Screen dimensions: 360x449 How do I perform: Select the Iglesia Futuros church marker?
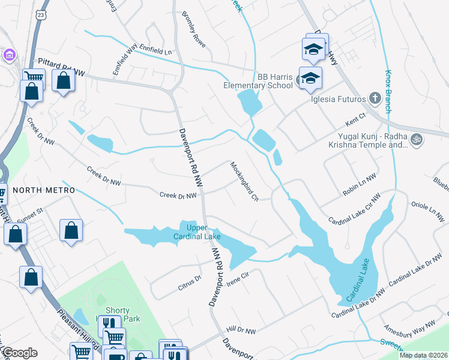374,98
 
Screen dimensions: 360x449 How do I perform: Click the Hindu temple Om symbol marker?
417,140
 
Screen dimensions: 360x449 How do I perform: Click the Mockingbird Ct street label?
243,181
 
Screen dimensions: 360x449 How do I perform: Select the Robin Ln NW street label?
358,182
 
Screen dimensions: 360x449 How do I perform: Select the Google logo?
19,353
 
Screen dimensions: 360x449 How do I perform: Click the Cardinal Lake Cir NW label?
355,209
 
